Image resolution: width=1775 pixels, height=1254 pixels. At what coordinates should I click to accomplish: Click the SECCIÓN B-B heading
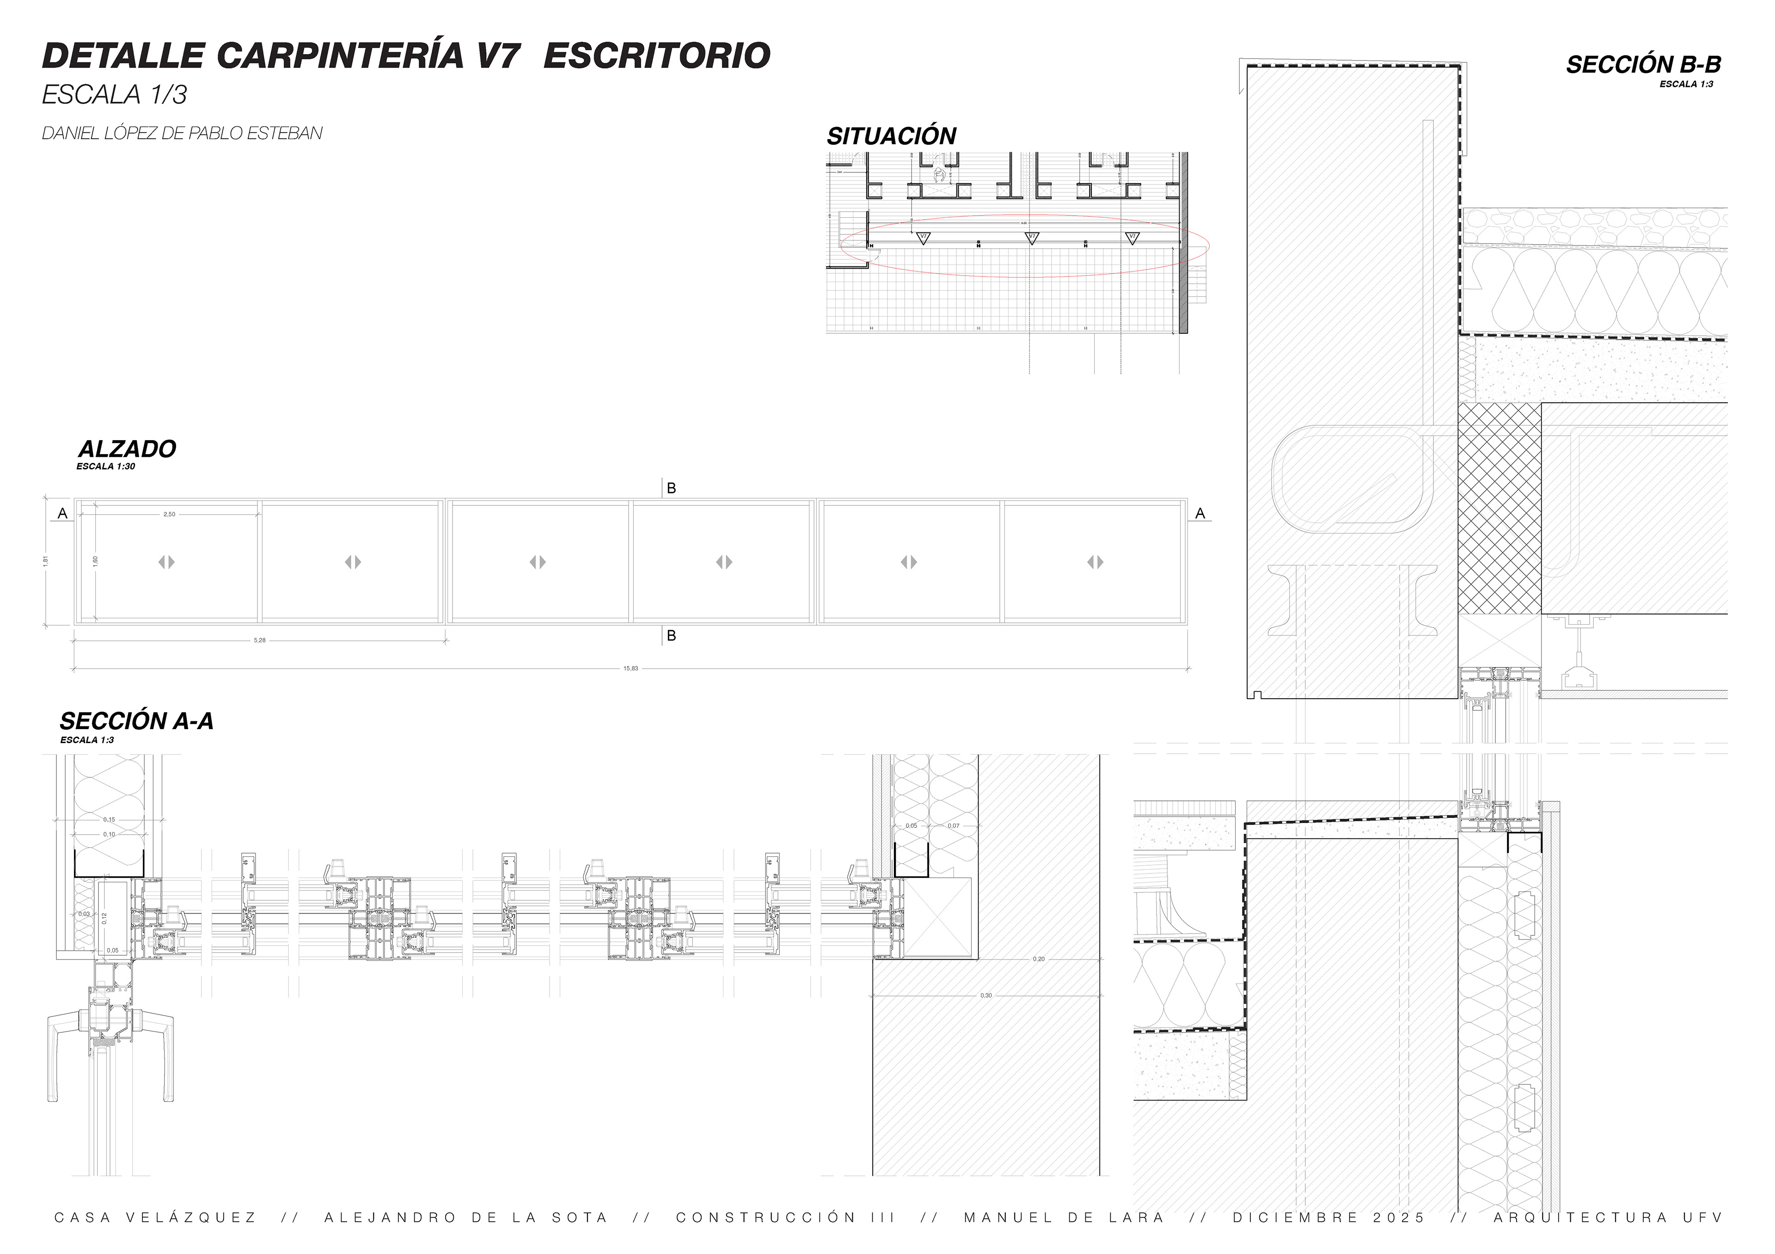point(1643,65)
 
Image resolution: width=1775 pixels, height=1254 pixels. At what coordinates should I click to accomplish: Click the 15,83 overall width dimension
point(631,668)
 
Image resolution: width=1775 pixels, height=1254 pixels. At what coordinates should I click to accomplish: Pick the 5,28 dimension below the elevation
point(260,640)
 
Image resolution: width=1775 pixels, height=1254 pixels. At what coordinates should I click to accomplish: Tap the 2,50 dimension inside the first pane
point(169,514)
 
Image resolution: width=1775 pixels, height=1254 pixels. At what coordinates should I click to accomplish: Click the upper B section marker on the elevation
point(671,489)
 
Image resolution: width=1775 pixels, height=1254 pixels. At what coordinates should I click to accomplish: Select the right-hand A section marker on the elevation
point(1200,513)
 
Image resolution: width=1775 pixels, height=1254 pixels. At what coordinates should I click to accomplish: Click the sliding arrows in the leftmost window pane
point(167,562)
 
